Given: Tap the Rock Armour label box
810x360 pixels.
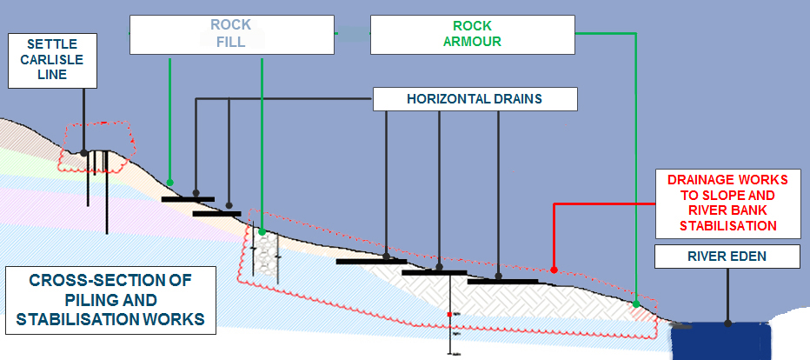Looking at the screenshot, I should (x=472, y=33).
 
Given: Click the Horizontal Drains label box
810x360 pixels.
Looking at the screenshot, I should (x=475, y=99).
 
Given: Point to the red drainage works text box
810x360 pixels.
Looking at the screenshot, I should (x=727, y=202).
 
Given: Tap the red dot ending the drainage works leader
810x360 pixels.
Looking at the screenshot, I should (x=554, y=270).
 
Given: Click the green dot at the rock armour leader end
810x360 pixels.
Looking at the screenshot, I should (x=636, y=303).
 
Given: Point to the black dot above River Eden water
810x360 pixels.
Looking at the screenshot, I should (x=728, y=323).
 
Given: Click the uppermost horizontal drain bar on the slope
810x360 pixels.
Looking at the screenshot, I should (x=188, y=199).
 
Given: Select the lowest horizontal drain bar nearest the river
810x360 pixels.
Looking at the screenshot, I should (x=501, y=281).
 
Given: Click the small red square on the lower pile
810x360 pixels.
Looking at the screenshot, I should (x=449, y=313).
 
